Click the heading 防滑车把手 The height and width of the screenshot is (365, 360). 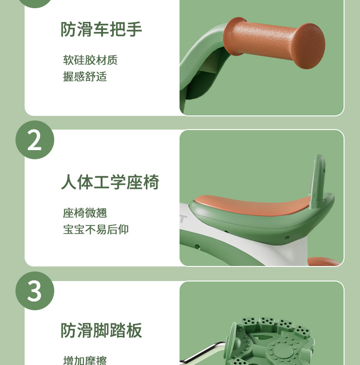coord(101,29)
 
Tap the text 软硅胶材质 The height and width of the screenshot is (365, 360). coord(90,60)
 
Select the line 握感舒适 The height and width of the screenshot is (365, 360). coord(85,76)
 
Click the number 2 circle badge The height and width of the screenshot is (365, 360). coord(35,140)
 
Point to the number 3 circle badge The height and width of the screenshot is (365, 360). coord(35,291)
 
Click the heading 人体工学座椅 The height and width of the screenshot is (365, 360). coord(110,182)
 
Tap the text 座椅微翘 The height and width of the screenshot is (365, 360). coord(85,213)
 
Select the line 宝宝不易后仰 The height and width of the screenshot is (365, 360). coord(96,229)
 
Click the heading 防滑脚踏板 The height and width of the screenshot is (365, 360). coord(101,330)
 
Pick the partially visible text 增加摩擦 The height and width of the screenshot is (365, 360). coord(85,360)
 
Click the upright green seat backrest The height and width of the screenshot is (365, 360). coord(318,181)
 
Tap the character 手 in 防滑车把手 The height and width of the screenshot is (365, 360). coord(134,29)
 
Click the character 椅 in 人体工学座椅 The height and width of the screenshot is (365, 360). coord(151,182)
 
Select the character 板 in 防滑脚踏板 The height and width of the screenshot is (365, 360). coord(134,330)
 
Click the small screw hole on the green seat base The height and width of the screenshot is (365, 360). coord(287,237)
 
